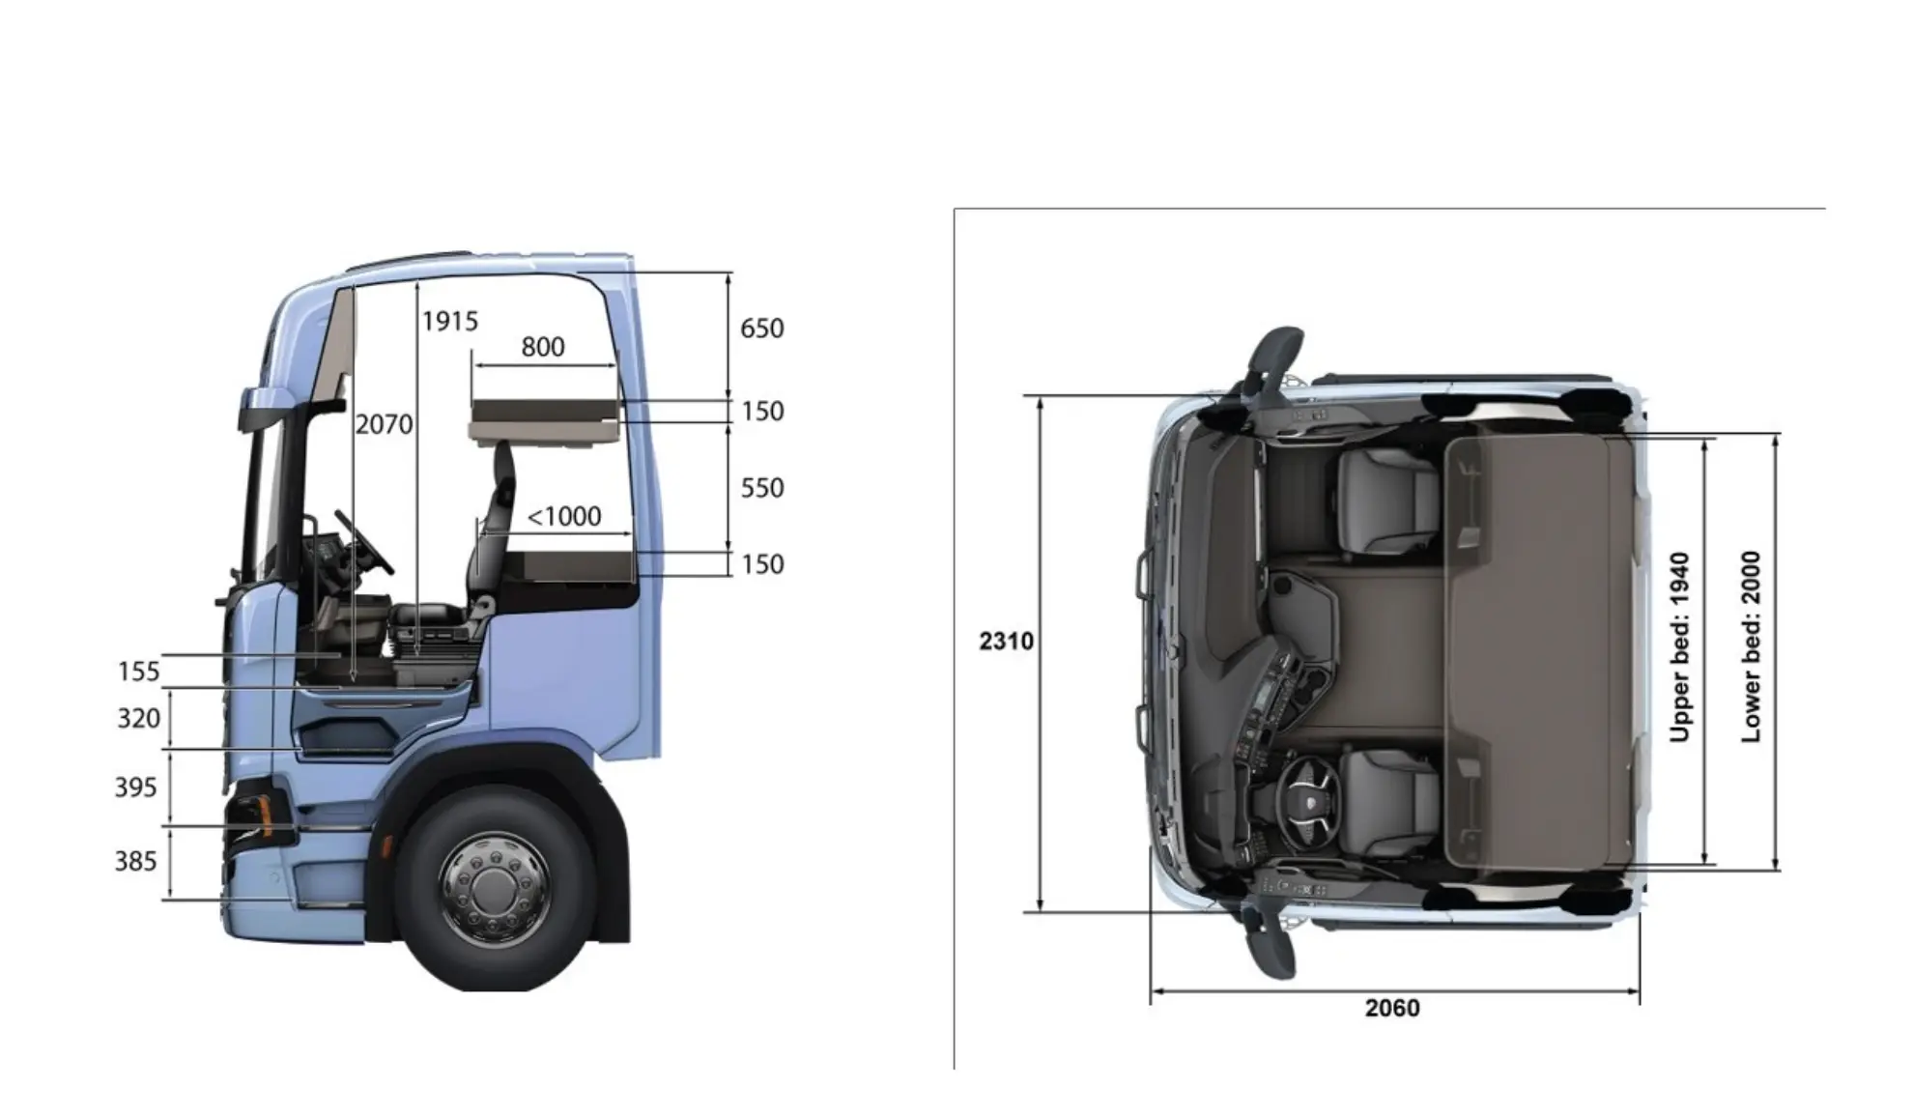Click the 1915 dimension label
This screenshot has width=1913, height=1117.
point(450,321)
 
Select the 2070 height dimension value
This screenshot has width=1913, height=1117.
point(384,424)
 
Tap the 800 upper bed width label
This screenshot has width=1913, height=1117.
point(543,346)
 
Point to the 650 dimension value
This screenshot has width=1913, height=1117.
point(762,329)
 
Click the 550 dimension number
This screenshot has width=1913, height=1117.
point(762,488)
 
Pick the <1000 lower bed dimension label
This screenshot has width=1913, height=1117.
point(564,516)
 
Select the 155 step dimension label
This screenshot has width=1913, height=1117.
point(138,672)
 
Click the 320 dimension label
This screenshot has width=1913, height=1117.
point(138,719)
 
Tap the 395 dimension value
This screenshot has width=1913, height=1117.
point(135,788)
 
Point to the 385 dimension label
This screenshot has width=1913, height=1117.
point(135,861)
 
